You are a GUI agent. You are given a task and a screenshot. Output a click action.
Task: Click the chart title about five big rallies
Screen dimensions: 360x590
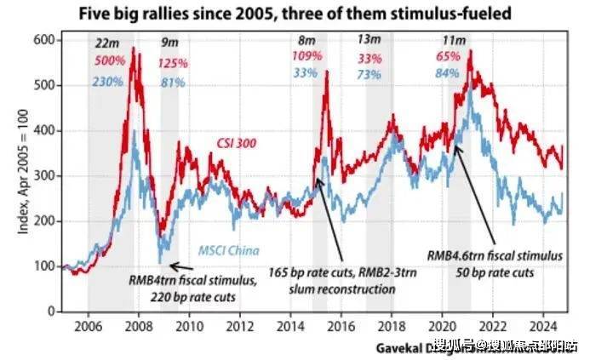296,14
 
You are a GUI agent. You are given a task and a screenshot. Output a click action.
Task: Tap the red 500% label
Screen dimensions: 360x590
110,60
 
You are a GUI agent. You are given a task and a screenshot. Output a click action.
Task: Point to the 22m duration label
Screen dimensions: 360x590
106,43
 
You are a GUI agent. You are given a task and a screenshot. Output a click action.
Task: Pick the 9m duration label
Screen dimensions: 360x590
170,43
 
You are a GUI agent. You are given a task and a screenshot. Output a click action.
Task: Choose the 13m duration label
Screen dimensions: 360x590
369,39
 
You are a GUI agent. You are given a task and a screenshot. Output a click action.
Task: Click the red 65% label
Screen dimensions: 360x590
448,57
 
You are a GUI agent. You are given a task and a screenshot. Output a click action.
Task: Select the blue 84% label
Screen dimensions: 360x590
448,74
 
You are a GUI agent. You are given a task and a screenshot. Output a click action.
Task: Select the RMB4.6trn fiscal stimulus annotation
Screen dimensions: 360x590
494,254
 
